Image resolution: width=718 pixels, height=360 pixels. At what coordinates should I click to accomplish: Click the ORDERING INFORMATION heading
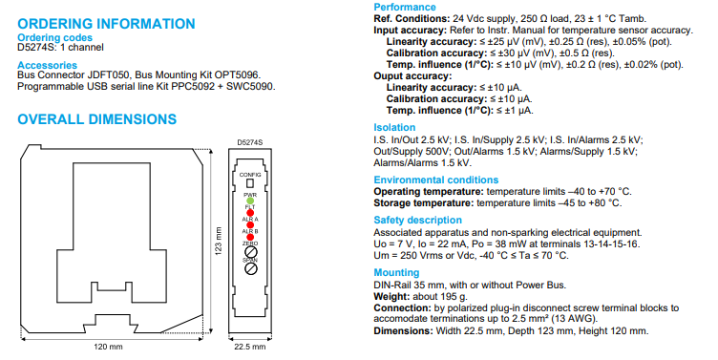(106, 24)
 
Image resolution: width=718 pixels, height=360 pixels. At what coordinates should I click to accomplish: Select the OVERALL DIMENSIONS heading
(97, 119)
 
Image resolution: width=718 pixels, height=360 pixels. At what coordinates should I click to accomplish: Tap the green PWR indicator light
(250, 201)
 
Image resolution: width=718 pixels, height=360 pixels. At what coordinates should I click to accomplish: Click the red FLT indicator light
(250, 213)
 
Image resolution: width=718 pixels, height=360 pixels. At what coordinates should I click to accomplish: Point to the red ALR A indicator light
(250, 225)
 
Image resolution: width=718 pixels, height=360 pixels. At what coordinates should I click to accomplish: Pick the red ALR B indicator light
(250, 237)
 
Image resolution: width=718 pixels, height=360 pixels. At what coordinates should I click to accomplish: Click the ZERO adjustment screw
(250, 251)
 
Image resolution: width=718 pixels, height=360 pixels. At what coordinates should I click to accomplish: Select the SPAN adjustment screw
(250, 269)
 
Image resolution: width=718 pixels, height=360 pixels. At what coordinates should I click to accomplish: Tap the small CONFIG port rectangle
(250, 183)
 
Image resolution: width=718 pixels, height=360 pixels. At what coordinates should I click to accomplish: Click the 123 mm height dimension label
(219, 241)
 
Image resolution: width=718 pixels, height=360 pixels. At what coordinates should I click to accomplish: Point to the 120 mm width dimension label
(108, 347)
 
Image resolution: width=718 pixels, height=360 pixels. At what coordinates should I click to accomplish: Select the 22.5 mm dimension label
(250, 347)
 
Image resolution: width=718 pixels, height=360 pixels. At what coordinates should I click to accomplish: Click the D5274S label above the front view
(250, 142)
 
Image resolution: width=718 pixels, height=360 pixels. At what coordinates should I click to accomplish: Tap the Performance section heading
(405, 7)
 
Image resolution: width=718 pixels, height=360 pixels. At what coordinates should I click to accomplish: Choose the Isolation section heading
(394, 127)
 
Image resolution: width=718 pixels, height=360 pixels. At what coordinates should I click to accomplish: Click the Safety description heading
(417, 221)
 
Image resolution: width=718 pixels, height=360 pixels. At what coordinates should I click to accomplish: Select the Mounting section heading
(396, 272)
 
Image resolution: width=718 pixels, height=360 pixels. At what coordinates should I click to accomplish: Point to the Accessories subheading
(47, 65)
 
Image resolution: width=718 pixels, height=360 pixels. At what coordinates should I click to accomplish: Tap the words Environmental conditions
(436, 180)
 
